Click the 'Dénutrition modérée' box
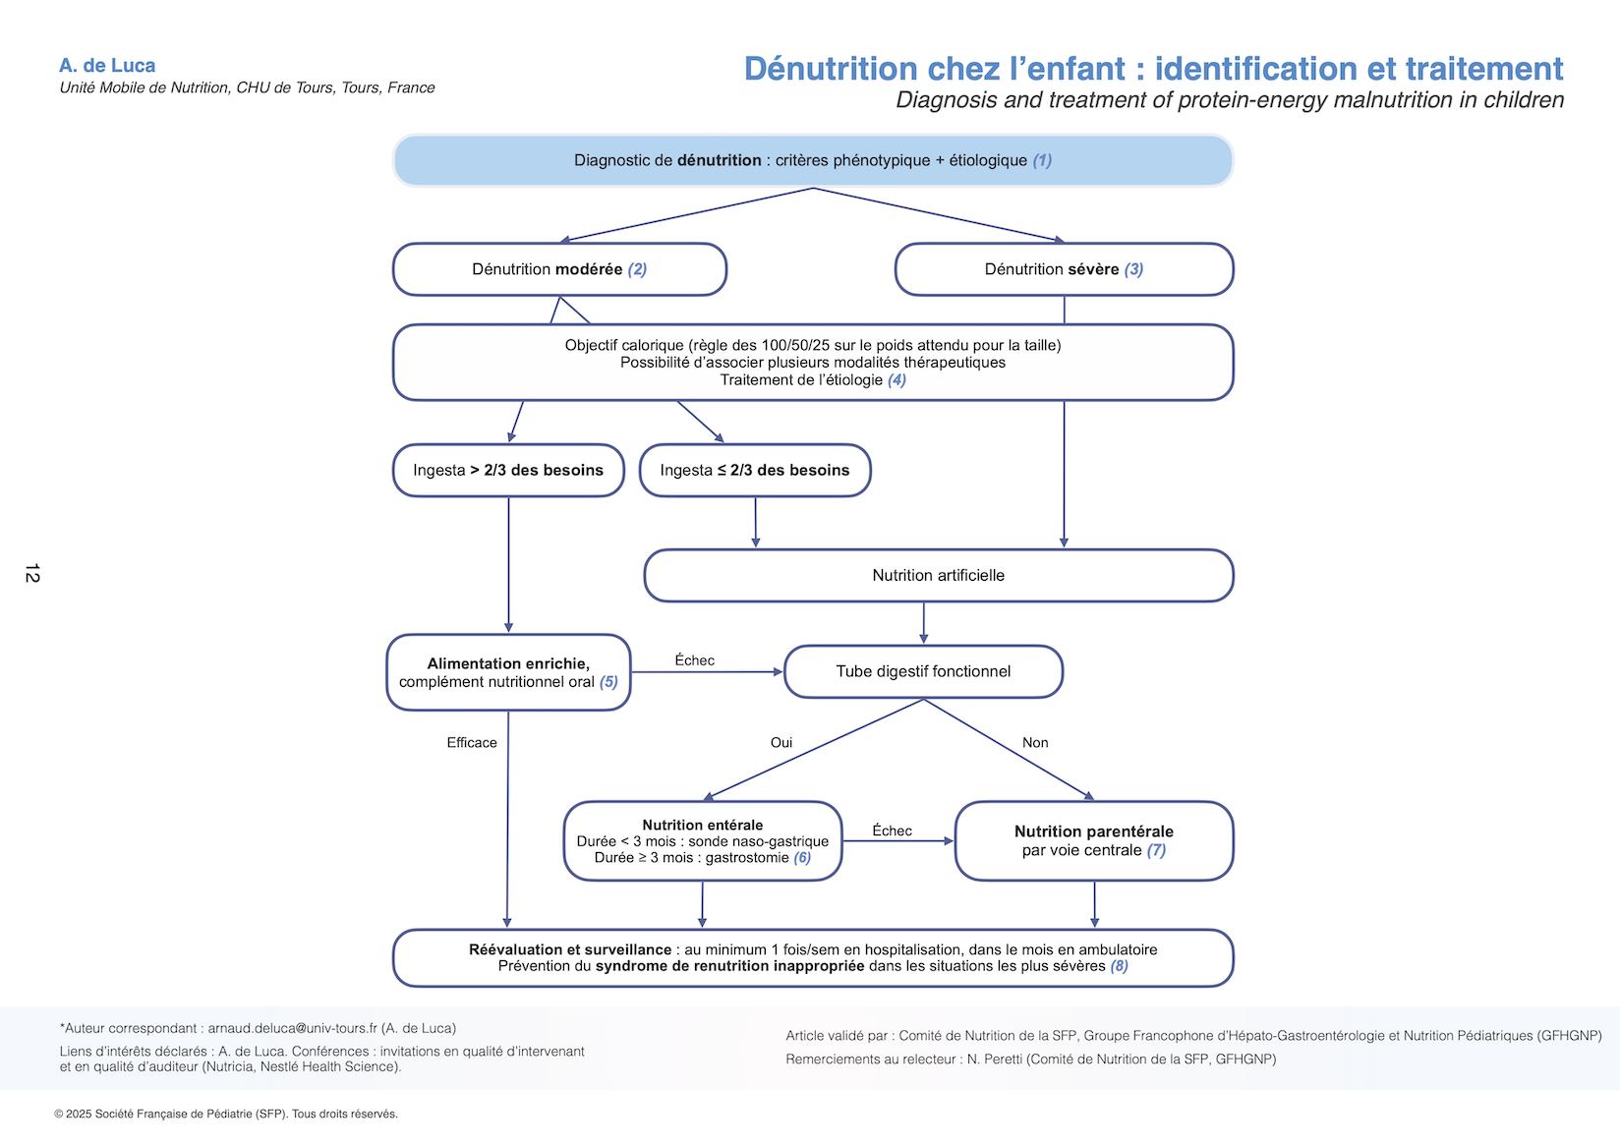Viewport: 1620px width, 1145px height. [x=559, y=269]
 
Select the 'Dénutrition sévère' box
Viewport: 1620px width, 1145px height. [x=1064, y=269]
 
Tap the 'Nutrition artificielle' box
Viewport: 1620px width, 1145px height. [x=938, y=575]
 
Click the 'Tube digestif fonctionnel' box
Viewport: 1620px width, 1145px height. [x=923, y=671]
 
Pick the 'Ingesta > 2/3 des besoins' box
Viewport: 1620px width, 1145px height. [x=508, y=470]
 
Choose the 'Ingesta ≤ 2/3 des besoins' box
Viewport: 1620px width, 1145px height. [x=754, y=470]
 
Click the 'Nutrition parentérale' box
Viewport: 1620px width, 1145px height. [x=1093, y=840]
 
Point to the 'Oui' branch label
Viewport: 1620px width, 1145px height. [x=781, y=743]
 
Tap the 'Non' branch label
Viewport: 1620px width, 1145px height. [x=1035, y=743]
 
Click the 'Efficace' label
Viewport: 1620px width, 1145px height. [x=472, y=743]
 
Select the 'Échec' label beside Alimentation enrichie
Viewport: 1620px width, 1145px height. [x=694, y=660]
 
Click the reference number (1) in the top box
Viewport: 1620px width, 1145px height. [x=1042, y=160]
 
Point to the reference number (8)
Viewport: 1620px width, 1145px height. [x=1119, y=966]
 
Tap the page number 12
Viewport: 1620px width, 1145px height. [x=32, y=573]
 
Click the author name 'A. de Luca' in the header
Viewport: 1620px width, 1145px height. [x=107, y=66]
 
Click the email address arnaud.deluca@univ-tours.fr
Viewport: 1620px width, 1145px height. [x=292, y=1028]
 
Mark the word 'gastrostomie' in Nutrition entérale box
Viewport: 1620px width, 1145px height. [x=747, y=858]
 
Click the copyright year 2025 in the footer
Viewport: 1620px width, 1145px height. [x=78, y=1114]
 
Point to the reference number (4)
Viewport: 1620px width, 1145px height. [x=897, y=380]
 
